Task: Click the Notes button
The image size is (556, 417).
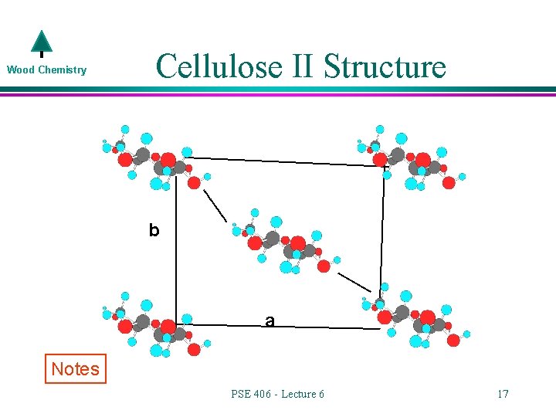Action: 75,369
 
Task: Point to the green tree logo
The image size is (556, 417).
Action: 41,44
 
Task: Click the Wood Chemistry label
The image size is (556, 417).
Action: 46,70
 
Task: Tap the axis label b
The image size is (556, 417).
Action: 154,230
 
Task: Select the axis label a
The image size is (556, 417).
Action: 270,320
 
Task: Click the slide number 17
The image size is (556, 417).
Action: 503,395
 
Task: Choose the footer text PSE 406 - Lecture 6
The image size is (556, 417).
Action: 277,395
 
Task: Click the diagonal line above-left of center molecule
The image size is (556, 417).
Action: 215,205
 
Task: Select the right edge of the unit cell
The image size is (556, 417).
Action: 382,232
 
